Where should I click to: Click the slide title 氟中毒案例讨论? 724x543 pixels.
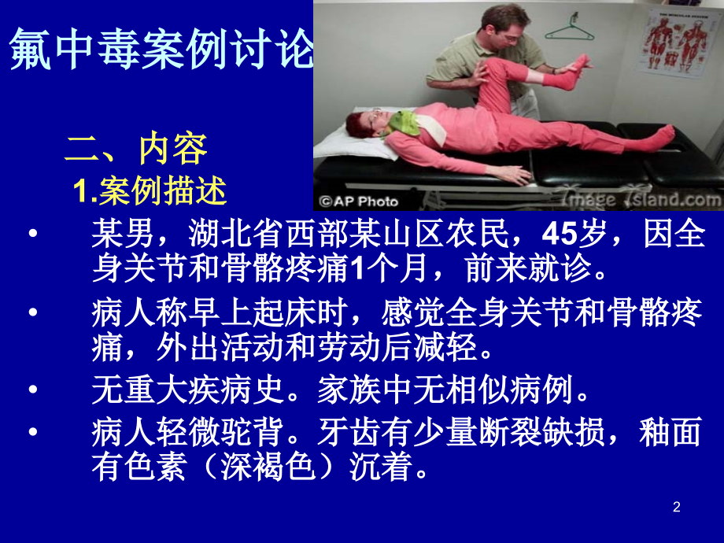click(161, 52)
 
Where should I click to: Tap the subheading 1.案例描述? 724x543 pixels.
click(150, 190)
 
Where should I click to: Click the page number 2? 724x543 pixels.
click(676, 508)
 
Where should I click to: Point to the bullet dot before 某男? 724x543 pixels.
click(32, 235)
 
